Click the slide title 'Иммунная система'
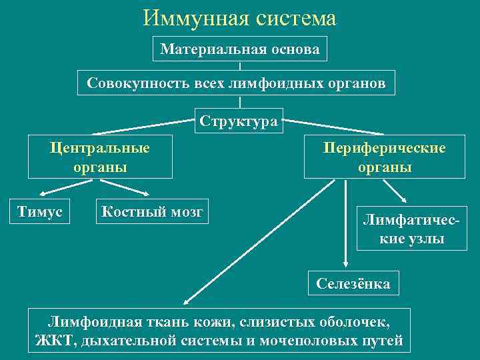[x=240, y=18]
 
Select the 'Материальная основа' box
[x=240, y=49]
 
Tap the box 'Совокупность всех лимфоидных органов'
[x=236, y=83]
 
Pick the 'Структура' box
[x=239, y=121]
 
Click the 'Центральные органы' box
[x=100, y=157]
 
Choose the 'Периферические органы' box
[x=385, y=158]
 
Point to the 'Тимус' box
[x=40, y=211]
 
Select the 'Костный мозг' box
[x=152, y=211]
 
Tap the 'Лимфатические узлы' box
[x=411, y=229]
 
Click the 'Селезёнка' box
[x=353, y=283]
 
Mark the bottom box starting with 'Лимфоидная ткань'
[x=220, y=331]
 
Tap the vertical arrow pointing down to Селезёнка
[x=345, y=223]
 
